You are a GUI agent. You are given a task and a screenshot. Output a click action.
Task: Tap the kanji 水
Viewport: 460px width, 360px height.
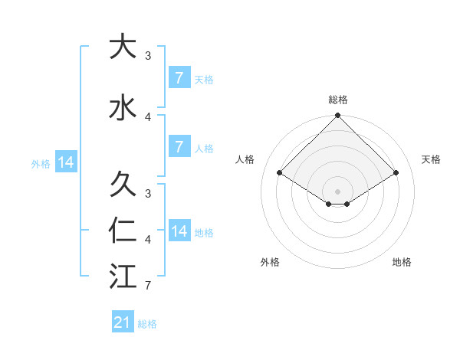121,106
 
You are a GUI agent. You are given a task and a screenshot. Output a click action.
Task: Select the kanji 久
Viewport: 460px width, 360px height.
121,184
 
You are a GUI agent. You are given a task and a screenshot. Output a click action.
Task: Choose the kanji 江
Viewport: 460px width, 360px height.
121,275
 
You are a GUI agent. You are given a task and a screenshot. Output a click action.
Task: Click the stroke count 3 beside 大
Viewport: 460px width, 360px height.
148,55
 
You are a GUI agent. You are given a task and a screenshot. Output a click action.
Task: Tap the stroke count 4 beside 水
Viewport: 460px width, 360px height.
148,116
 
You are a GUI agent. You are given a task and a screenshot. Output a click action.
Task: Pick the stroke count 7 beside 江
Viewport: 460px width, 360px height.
148,286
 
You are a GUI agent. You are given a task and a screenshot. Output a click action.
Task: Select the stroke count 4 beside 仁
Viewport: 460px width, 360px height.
148,241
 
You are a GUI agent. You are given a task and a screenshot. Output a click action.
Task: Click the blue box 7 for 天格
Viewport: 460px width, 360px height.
179,78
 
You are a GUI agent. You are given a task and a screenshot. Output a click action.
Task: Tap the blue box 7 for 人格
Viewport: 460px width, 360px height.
179,147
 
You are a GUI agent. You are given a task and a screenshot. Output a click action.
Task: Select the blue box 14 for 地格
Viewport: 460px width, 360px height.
179,231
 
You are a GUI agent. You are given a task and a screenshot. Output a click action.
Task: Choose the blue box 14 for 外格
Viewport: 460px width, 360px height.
65,162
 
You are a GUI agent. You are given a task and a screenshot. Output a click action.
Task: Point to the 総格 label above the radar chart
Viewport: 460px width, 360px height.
337,100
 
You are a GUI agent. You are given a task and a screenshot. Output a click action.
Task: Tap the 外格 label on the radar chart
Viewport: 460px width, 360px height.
270,262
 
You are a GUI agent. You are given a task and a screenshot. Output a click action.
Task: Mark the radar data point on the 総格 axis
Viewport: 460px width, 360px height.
337,116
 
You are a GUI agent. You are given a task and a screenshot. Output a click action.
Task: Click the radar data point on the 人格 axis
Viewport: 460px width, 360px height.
280,173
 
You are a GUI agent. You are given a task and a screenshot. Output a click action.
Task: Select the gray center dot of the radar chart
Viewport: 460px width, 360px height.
337,191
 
